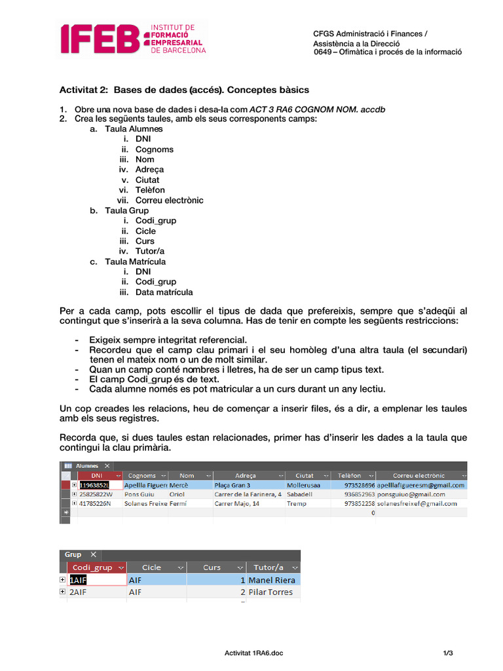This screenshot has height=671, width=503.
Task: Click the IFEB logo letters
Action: (100, 39)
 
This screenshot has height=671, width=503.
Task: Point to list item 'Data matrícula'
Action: (164, 292)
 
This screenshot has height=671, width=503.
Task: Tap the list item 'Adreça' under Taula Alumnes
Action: (149, 170)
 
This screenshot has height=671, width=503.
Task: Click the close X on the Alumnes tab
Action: (107, 465)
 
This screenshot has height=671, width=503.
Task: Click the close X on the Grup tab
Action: (93, 554)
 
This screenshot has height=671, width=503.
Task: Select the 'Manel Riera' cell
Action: (272, 580)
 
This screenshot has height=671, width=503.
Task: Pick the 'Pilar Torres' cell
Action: (270, 592)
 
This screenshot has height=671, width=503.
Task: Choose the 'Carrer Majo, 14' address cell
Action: (236, 503)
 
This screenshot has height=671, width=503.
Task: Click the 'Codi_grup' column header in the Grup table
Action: (92, 567)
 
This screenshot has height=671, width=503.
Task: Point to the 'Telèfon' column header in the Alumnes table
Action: (350, 475)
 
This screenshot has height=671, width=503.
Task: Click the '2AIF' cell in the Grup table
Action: (79, 592)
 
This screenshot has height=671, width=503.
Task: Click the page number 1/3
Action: (448, 653)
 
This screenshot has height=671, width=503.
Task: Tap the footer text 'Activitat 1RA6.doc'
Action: (254, 653)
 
